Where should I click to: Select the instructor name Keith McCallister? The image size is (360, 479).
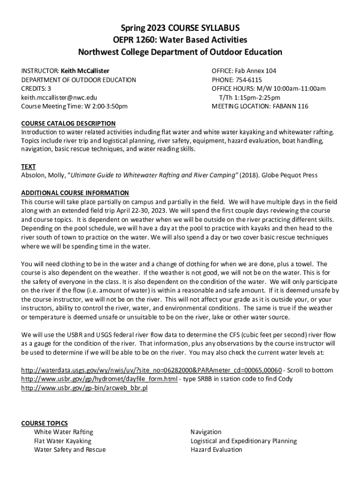(x=85, y=71)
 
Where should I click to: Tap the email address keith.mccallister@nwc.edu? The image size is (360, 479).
(x=59, y=97)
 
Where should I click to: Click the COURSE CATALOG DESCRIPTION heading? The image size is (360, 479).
(x=68, y=123)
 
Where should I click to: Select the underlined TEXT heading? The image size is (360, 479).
(x=29, y=167)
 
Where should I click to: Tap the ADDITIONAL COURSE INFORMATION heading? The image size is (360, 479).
(x=75, y=193)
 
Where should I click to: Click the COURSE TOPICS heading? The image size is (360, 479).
(x=44, y=423)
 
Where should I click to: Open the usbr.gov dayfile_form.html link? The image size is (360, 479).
(x=100, y=379)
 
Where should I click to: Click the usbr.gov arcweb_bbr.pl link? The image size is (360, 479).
(x=84, y=388)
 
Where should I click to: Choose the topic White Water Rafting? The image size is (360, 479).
(x=64, y=432)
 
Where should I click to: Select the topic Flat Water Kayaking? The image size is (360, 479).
(x=63, y=441)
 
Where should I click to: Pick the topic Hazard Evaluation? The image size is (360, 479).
(x=216, y=450)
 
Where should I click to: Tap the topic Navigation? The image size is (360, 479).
(x=206, y=432)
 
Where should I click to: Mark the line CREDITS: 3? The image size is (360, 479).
(x=36, y=88)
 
